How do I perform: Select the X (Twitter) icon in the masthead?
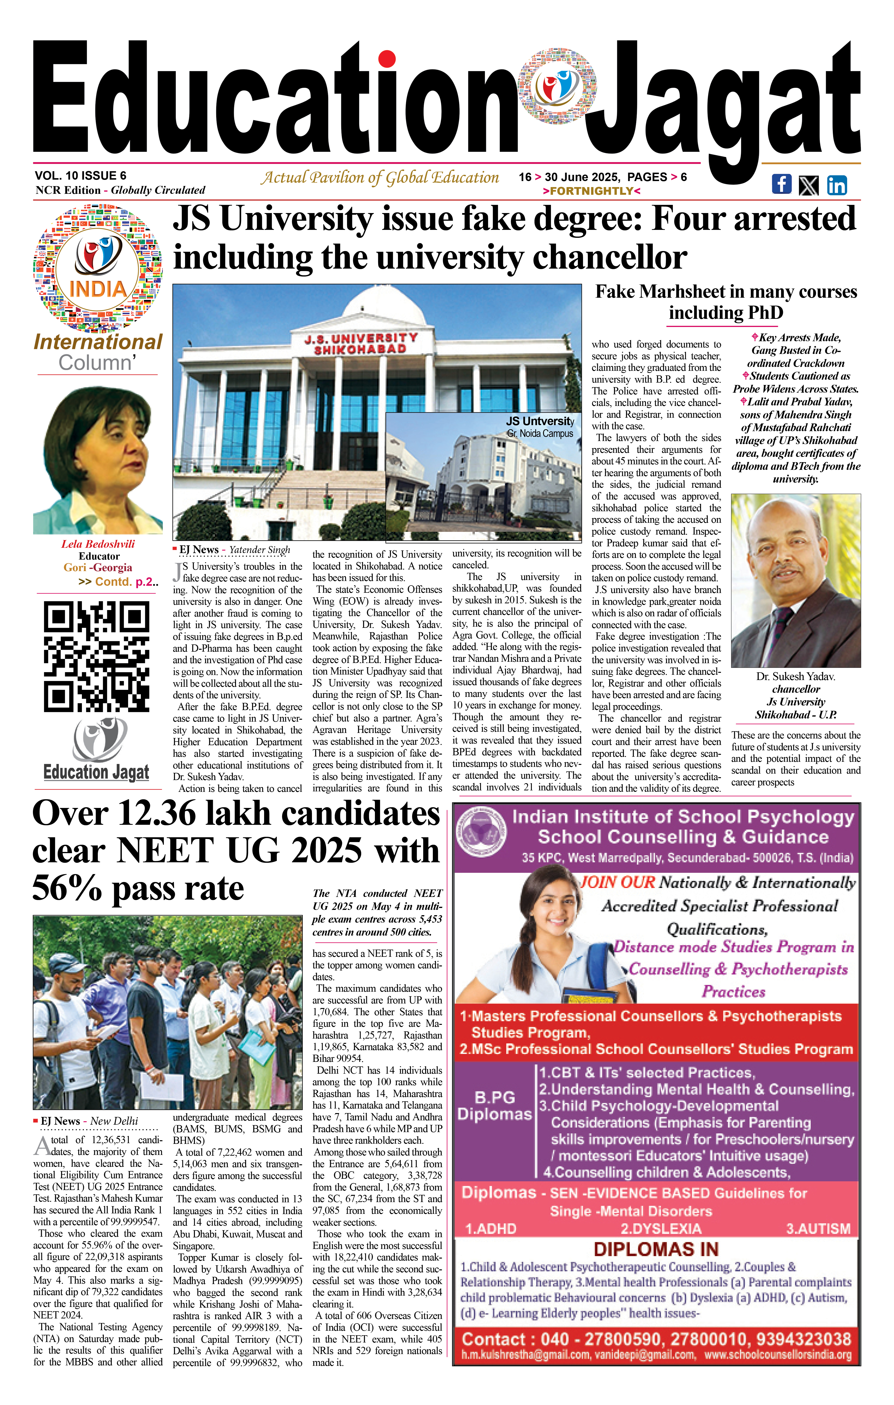point(808,186)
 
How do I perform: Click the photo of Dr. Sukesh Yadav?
point(795,580)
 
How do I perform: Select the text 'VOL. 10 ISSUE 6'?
point(81,176)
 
